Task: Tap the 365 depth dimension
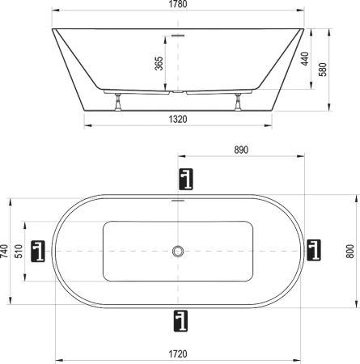pos(159,62)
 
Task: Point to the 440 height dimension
pos(305,59)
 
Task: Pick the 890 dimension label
pos(240,150)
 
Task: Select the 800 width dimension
pos(349,251)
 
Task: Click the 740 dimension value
pos(6,251)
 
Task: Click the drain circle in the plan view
pos(178,251)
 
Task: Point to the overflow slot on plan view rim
pos(178,201)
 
